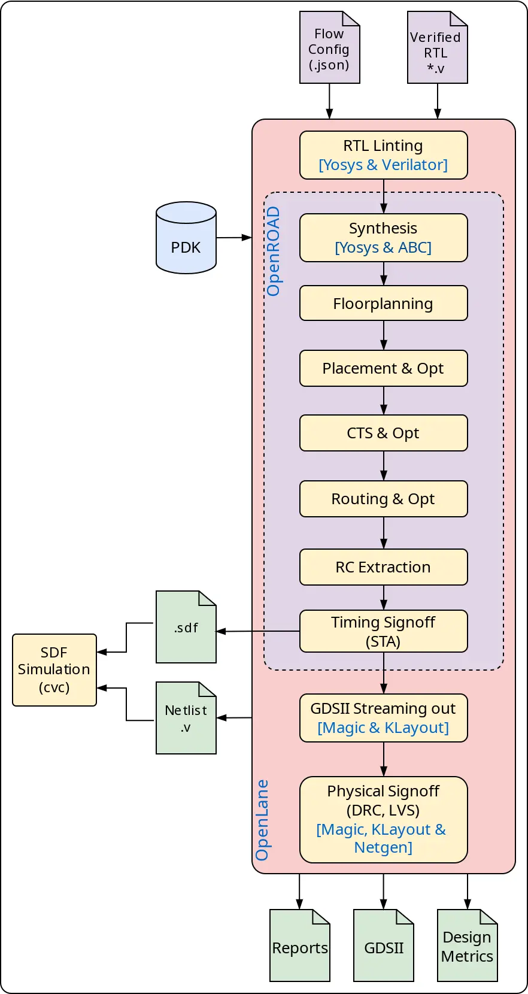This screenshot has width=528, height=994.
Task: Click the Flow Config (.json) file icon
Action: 329,48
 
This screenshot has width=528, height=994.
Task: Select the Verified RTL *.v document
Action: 437,48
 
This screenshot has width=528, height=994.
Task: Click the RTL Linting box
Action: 383,155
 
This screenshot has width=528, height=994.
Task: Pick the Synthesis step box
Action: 383,238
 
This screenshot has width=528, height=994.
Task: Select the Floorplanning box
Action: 383,303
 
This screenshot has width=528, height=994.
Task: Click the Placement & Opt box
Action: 383,368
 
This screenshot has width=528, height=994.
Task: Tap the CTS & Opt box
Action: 383,433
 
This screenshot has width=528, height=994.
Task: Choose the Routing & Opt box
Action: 383,499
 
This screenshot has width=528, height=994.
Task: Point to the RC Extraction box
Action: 383,567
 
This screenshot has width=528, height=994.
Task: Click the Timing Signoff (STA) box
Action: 383,631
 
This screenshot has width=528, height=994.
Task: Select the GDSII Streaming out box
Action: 383,718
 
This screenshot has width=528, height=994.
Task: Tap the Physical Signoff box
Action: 383,819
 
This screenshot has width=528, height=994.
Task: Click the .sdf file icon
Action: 186,627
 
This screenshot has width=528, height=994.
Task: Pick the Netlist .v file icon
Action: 186,718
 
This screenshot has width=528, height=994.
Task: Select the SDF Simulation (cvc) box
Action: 54,670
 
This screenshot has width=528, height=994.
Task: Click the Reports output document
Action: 300,945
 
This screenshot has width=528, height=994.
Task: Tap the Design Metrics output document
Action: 467,945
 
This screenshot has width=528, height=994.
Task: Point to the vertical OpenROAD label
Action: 274,251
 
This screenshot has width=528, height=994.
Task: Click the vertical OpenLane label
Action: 262,820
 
